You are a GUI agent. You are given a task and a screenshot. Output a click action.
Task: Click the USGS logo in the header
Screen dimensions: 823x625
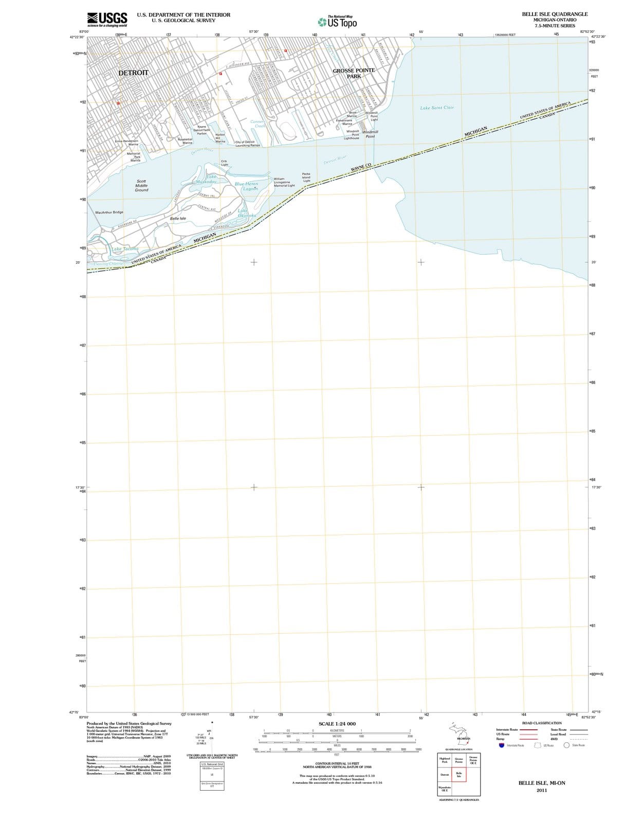(x=107, y=19)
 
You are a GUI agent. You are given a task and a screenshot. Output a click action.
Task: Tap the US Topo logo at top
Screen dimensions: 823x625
(x=337, y=22)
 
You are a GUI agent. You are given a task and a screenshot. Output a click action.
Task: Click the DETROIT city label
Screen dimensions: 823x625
(x=133, y=73)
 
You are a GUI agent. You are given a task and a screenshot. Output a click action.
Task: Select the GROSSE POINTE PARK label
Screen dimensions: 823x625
(x=354, y=73)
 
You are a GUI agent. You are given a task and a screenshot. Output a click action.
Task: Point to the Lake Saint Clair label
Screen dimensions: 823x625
(x=437, y=108)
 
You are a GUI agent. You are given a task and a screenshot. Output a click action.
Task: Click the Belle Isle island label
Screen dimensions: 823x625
(x=178, y=219)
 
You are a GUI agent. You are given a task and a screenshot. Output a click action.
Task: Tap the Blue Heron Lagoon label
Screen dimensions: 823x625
(x=247, y=186)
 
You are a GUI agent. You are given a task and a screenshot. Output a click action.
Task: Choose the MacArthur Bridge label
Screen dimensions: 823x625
(x=109, y=212)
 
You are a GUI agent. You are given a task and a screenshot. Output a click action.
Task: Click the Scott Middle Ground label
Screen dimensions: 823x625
(x=141, y=186)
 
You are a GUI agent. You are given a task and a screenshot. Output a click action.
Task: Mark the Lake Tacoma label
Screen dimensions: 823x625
(x=125, y=249)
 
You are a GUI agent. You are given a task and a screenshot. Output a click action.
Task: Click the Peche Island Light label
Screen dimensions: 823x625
(x=306, y=177)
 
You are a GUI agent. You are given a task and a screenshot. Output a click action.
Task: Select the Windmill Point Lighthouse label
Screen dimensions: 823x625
(x=353, y=135)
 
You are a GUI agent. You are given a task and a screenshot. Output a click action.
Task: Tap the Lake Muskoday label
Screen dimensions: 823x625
(x=208, y=180)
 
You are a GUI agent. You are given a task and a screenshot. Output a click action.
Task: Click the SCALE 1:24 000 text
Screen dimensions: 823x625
(x=337, y=724)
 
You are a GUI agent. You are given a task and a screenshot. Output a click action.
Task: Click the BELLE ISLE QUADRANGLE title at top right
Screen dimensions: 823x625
(x=555, y=14)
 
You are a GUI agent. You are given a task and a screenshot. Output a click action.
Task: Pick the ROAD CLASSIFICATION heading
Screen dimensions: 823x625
(x=542, y=723)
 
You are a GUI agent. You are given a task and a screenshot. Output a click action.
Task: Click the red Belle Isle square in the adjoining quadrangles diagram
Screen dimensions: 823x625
(x=459, y=775)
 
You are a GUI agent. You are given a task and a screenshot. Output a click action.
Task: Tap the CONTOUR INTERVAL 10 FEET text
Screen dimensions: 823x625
(x=337, y=763)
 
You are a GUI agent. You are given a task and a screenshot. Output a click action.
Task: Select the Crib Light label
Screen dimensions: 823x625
(x=224, y=163)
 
